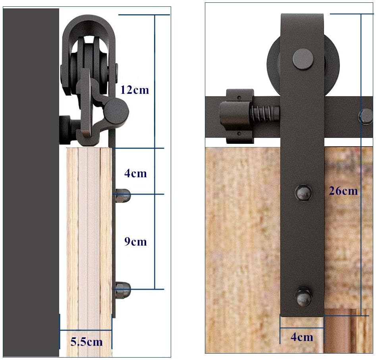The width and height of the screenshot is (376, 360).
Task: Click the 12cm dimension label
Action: pyautogui.click(x=135, y=90)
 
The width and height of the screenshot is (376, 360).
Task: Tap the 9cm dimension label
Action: pyautogui.click(x=135, y=242)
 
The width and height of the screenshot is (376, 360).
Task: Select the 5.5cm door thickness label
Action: pyautogui.click(x=86, y=342)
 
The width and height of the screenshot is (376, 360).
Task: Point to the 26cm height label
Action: pyautogui.click(x=343, y=191)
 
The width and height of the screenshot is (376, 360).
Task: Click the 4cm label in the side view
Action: pyautogui.click(x=135, y=173)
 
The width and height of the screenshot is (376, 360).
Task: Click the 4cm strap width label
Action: pyautogui.click(x=302, y=337)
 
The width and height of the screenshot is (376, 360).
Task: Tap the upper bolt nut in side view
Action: pyautogui.click(x=123, y=195)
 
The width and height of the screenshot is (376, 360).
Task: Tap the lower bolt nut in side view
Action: pyautogui.click(x=123, y=290)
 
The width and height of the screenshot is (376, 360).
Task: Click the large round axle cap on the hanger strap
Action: pyautogui.click(x=303, y=59)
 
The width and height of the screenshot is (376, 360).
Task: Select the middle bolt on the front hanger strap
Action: pyautogui.click(x=303, y=193)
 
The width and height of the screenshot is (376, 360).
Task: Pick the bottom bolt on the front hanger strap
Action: pyautogui.click(x=303, y=297)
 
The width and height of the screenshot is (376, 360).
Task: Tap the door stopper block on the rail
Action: pyautogui.click(x=237, y=116)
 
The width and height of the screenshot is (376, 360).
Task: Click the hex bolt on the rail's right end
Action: pyautogui.click(x=365, y=116)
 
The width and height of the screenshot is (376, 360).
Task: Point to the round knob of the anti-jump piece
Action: pyautogui.click(x=117, y=111)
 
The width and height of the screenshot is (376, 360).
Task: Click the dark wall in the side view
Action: pyautogui.click(x=31, y=182)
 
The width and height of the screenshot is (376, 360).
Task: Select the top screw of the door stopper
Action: pyautogui.click(x=239, y=97)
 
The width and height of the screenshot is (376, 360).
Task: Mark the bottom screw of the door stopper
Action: pyautogui.click(x=239, y=134)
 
